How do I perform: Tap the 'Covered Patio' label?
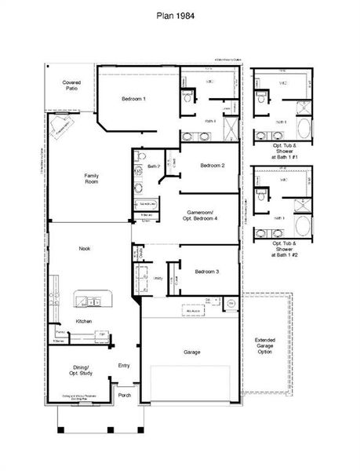click(x=71, y=85)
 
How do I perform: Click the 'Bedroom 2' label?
click(x=212, y=166)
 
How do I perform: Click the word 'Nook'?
click(x=85, y=248)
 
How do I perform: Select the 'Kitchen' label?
click(x=84, y=322)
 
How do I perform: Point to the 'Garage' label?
click(x=191, y=352)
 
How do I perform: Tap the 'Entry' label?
click(x=123, y=365)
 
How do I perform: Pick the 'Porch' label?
click(x=124, y=395)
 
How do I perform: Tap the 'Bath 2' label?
click(x=154, y=166)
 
